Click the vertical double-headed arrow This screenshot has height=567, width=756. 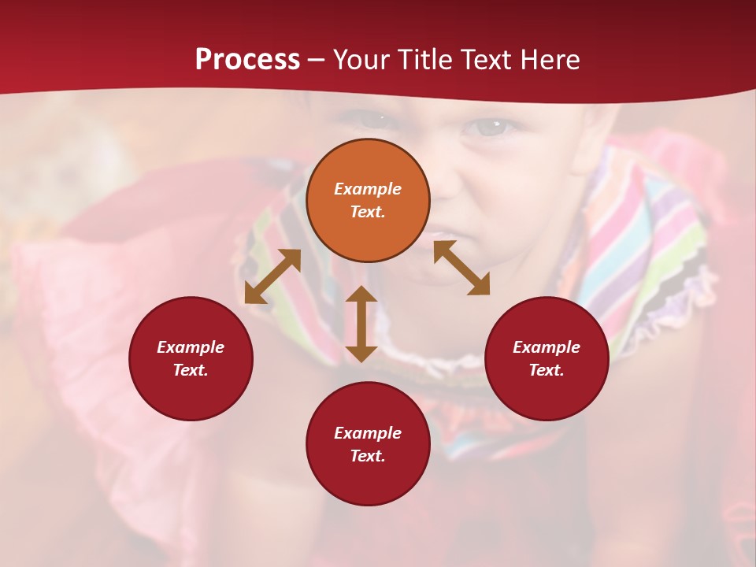361,324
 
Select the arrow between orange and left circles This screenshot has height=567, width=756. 272,276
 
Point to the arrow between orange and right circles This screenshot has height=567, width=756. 461,268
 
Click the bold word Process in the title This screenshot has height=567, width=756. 247,60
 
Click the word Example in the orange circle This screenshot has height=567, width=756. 368,189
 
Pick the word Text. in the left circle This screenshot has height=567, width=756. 191,370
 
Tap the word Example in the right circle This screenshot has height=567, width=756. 547,347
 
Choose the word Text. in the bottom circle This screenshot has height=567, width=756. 368,456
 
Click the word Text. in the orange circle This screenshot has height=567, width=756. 368,212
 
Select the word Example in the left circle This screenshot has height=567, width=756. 191,347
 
